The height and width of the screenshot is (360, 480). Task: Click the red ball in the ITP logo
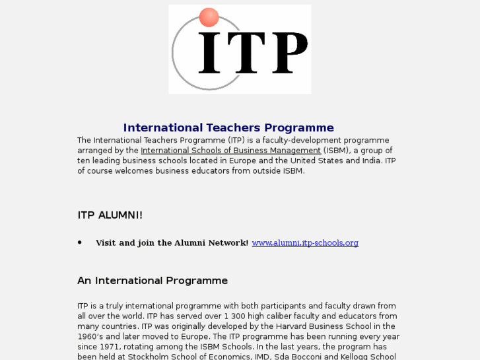point(209,17)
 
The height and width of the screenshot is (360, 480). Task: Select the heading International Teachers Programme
point(228,128)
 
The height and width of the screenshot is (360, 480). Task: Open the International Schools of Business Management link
point(230,151)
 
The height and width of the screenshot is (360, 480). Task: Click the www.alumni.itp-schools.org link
point(305,243)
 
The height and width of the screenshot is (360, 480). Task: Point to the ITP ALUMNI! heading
point(110,215)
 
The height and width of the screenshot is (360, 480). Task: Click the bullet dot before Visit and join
point(80,242)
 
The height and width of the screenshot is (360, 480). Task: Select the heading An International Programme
point(153,281)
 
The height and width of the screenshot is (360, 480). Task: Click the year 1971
point(116,347)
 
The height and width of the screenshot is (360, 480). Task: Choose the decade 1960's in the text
point(88,337)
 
